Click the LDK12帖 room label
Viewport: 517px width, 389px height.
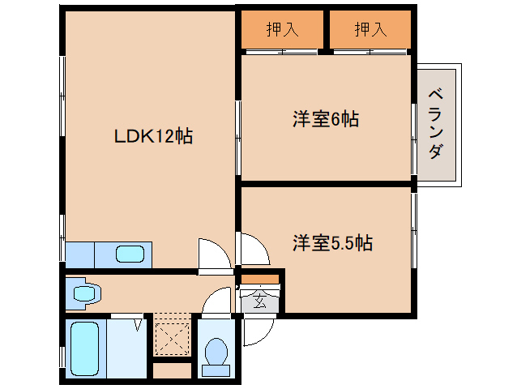[153, 136]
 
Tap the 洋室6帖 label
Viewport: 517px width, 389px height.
[326, 119]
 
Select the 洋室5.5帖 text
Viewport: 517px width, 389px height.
[333, 243]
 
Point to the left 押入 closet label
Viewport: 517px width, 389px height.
[283, 29]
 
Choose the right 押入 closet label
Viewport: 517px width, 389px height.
[370, 29]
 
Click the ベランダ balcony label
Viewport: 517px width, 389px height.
[435, 124]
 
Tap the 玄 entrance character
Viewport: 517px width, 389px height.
[260, 301]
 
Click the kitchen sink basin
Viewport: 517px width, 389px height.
[130, 254]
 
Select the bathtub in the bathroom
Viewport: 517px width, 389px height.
[85, 348]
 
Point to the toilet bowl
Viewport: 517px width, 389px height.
[216, 351]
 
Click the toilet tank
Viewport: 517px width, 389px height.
[216, 370]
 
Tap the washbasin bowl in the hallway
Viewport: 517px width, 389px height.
[85, 293]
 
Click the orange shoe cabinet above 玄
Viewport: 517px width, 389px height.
[260, 279]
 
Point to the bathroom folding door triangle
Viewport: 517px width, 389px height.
[138, 325]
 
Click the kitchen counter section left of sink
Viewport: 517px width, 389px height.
[80, 254]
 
